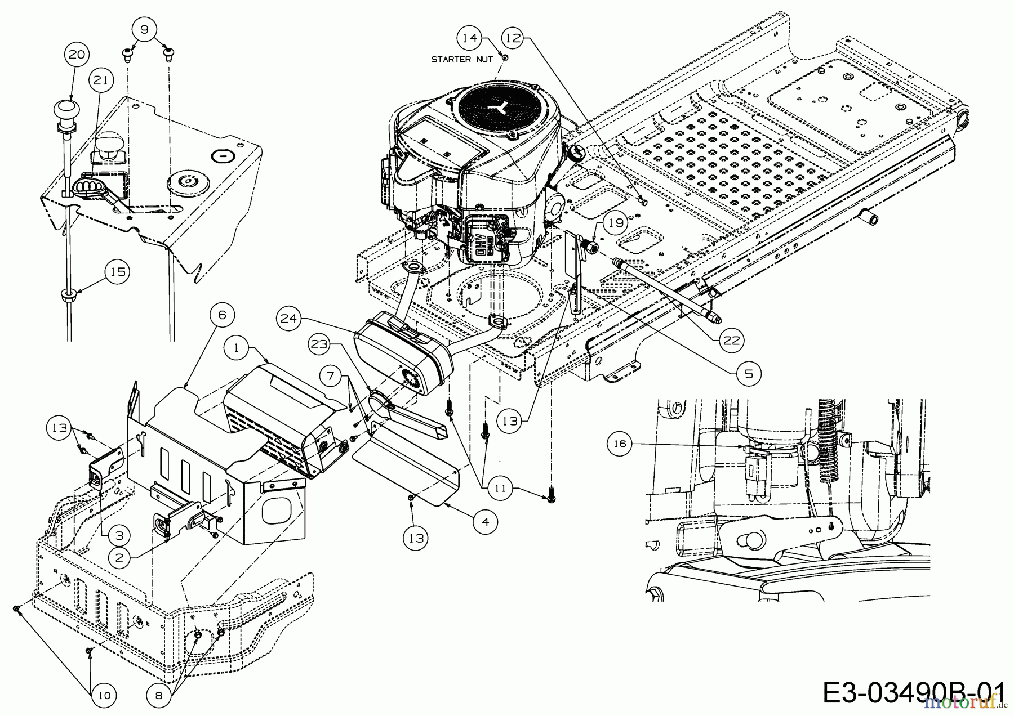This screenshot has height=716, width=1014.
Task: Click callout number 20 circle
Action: pos(77,55)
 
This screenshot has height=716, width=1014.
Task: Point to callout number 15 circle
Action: pos(118,272)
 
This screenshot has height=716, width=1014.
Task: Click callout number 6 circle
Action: pos(221,315)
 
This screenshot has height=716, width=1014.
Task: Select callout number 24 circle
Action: pos(288,319)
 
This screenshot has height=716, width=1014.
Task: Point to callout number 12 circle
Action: pos(514,38)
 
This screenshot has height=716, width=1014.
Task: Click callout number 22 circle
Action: pos(731,341)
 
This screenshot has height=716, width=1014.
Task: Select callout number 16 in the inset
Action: pos(619,444)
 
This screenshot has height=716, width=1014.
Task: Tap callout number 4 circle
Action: pos(486,521)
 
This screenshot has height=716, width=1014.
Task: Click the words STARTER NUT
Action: pos(462,59)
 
